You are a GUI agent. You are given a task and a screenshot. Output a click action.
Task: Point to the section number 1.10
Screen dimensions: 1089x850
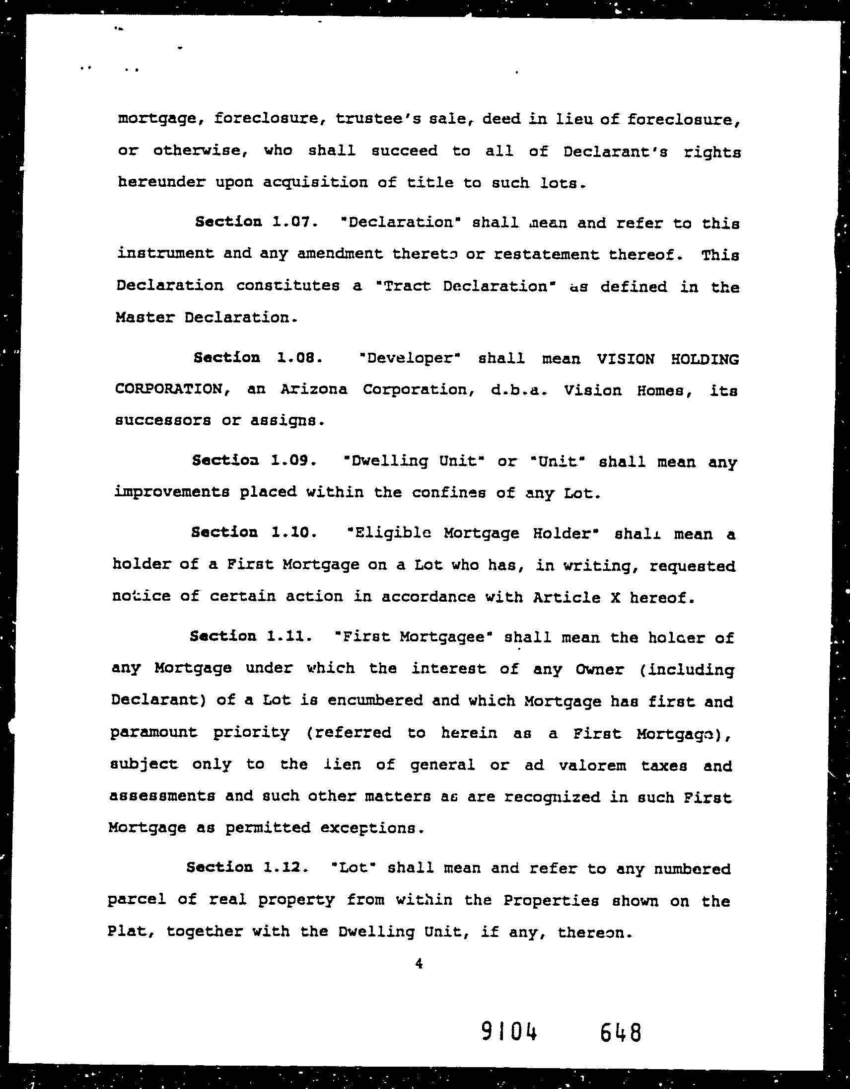click(294, 533)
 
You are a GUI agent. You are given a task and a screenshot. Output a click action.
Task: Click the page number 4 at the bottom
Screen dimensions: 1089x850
click(419, 964)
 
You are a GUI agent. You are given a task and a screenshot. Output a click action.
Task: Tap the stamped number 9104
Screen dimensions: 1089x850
click(509, 1033)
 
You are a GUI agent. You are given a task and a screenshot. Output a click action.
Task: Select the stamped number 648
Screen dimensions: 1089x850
click(620, 1033)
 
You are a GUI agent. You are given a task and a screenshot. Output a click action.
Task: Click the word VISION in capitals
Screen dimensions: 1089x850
click(626, 359)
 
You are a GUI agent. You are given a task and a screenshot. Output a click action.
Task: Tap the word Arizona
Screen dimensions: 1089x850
click(314, 389)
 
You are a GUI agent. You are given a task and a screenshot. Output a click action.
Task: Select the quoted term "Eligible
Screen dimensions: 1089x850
click(388, 533)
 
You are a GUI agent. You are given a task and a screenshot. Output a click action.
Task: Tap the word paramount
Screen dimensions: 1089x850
click(154, 732)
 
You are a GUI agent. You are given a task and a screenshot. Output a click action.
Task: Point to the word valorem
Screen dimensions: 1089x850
click(592, 765)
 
